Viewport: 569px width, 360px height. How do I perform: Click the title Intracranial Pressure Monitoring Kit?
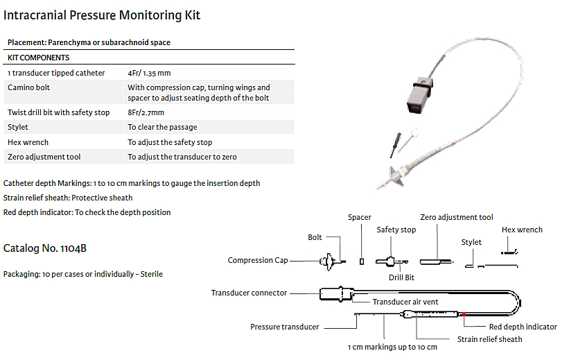pyautogui.click(x=102, y=15)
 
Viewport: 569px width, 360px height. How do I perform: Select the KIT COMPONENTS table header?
pyautogui.click(x=38, y=58)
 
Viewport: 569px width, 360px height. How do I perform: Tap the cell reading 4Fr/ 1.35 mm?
pyautogui.click(x=149, y=73)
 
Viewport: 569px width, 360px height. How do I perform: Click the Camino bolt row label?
pyautogui.click(x=28, y=88)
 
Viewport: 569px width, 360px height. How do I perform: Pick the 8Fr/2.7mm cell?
pyautogui.click(x=146, y=112)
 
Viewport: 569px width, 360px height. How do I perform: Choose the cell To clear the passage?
pyautogui.click(x=162, y=127)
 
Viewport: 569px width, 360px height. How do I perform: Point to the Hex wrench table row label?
pyautogui.click(x=28, y=142)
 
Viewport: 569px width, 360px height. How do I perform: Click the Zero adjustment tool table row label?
pyautogui.click(x=44, y=157)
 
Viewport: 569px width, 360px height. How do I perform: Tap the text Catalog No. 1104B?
pyautogui.click(x=45, y=248)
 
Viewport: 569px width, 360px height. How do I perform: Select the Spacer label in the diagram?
pyautogui.click(x=360, y=218)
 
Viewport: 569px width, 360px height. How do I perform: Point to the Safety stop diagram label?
pyautogui.click(x=396, y=230)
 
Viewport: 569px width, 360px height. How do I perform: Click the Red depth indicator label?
pyautogui.click(x=523, y=327)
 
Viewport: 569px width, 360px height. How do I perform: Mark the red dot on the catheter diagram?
pyautogui.click(x=463, y=314)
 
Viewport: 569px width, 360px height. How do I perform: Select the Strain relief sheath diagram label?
pyautogui.click(x=489, y=339)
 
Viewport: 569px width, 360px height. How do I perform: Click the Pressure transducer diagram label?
pyautogui.click(x=284, y=327)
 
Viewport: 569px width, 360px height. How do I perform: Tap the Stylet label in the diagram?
pyautogui.click(x=471, y=242)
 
